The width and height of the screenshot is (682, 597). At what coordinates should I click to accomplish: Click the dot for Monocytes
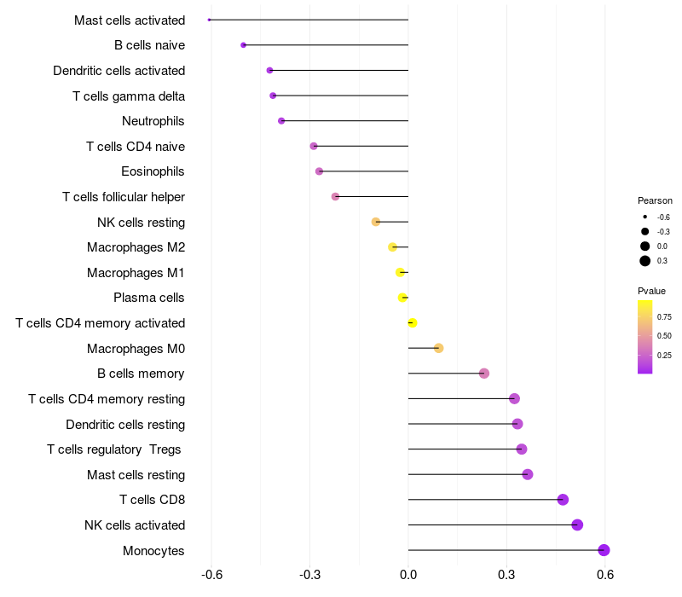pos(604,550)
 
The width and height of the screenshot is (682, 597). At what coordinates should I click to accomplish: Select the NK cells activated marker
pos(577,525)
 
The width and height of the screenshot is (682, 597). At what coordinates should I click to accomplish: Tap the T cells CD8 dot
pos(563,500)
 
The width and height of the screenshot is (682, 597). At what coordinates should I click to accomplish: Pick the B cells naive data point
pos(244,45)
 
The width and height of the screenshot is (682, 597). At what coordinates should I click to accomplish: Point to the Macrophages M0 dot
pos(438,348)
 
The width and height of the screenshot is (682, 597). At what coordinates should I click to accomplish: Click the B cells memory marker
pos(484,373)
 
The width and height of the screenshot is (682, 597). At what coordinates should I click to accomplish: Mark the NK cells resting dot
pos(376,222)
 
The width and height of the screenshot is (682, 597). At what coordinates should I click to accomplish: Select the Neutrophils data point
pos(281,121)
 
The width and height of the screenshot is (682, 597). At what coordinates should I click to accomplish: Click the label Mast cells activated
pos(130,20)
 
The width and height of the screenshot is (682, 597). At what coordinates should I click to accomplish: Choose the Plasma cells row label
pos(149,298)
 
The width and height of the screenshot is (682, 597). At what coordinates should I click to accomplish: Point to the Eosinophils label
pos(153,171)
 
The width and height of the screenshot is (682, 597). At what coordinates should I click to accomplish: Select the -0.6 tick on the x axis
pos(211,576)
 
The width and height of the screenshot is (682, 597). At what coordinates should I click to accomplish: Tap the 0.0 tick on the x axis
pos(408,576)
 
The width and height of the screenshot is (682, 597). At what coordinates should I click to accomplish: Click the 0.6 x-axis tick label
pos(605,576)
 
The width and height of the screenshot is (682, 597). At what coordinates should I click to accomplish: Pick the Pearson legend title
pos(655,200)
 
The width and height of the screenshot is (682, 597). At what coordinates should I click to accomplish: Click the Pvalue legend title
pos(651,291)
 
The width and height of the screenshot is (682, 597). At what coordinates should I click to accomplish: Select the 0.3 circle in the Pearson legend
pos(645,261)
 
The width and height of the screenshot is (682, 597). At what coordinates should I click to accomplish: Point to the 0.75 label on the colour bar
pos(664,316)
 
